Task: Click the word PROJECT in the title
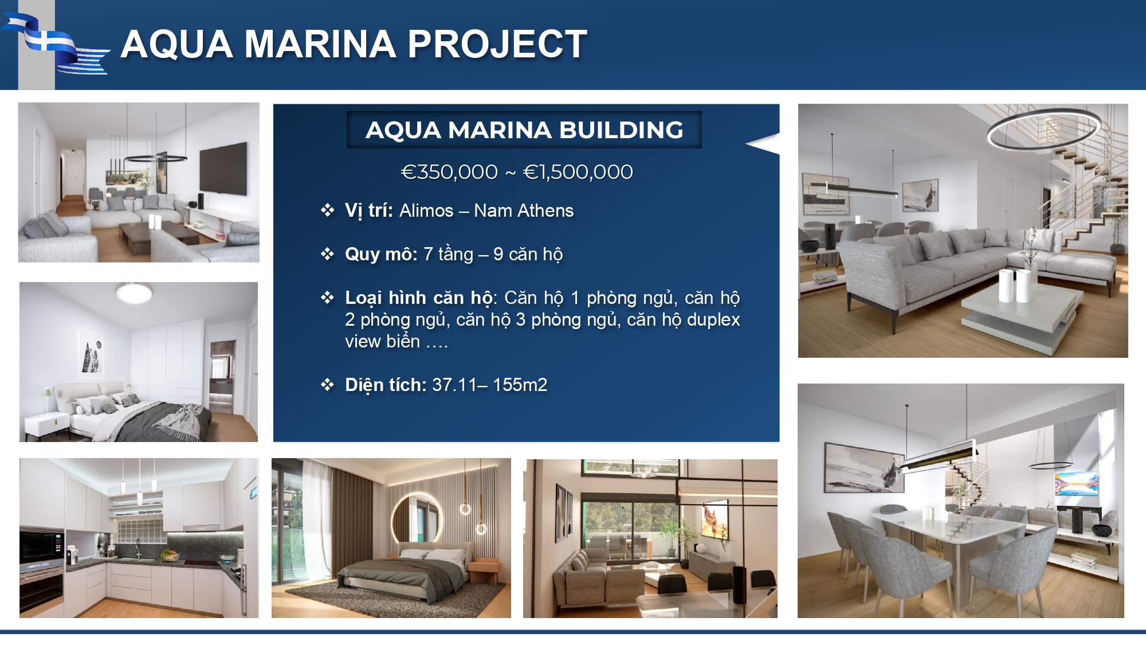point(497,44)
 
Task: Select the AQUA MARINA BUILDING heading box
point(524,130)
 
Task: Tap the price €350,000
point(449,172)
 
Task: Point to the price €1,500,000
point(578,172)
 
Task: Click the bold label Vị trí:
point(368,211)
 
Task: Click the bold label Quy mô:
point(381,254)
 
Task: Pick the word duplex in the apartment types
point(713,320)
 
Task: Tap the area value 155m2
point(520,385)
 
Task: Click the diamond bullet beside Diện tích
point(327,385)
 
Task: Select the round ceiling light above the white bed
point(134,292)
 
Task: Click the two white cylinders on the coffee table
point(1015,286)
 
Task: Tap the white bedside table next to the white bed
point(47,425)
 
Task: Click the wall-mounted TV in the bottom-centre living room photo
point(716,522)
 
